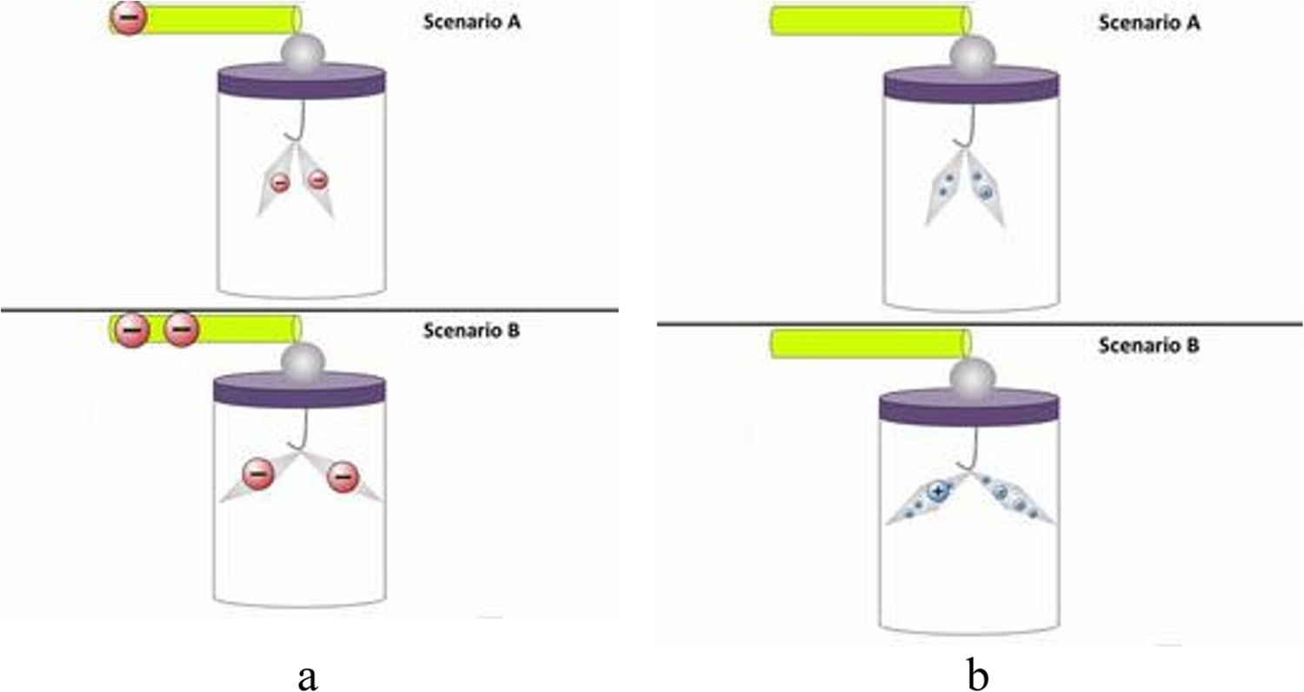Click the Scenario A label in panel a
[471, 23]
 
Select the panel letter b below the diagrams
[979, 675]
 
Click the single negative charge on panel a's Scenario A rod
[128, 19]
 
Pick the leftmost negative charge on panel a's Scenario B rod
[131, 330]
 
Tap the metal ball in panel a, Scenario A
[300, 51]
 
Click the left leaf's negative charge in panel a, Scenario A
[280, 183]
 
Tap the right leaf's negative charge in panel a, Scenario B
[343, 475]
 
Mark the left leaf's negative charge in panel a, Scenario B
[258, 475]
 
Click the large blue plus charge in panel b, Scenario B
[936, 492]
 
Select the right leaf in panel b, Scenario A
[986, 191]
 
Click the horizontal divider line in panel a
[309, 310]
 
